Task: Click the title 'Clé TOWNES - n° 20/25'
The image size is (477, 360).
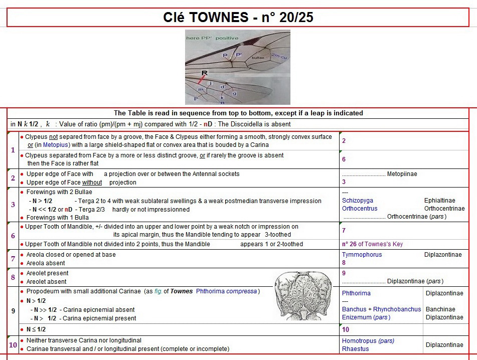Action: click(x=238, y=18)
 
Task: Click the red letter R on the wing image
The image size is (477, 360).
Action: click(x=204, y=73)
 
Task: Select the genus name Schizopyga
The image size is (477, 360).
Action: click(x=358, y=201)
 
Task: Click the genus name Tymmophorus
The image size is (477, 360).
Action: click(x=362, y=255)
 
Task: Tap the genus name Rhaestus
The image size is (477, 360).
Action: click(x=355, y=349)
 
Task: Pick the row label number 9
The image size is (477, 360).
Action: click(x=13, y=311)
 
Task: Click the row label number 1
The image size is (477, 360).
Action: click(x=13, y=150)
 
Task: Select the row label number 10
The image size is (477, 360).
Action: click(x=13, y=345)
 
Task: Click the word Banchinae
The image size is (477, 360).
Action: click(x=440, y=309)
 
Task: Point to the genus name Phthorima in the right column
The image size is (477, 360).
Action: click(x=356, y=293)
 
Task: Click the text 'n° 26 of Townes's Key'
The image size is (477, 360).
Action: click(x=372, y=244)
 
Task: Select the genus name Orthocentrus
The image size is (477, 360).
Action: click(x=360, y=209)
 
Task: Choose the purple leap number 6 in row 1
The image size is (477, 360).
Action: click(x=344, y=159)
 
